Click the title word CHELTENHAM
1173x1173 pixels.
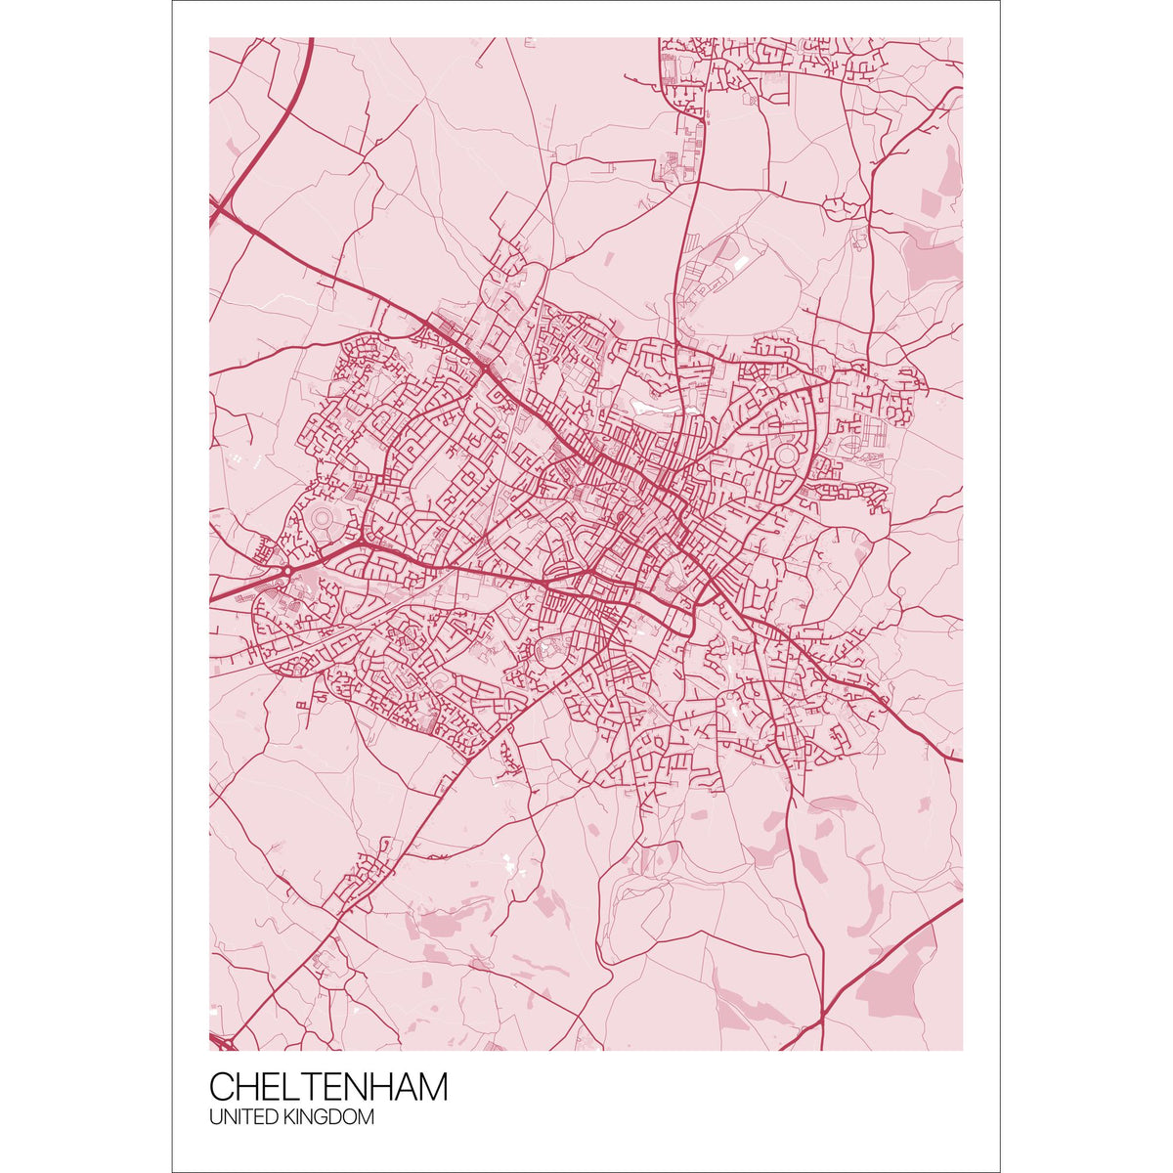328,1087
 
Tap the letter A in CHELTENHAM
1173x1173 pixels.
401,1087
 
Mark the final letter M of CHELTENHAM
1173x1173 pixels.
432,1087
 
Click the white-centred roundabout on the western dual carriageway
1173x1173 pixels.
289,570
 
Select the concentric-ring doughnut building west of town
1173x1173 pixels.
323,515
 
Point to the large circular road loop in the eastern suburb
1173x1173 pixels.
785,456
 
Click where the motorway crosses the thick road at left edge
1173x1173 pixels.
221,207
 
